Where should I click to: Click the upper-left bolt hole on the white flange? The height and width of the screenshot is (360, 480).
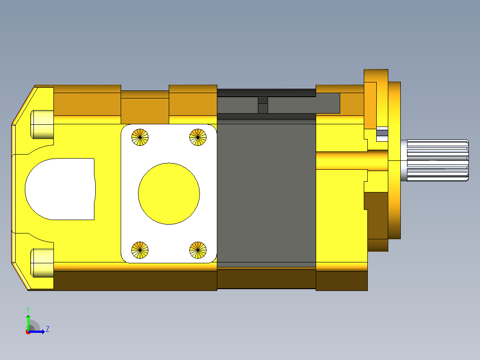140,137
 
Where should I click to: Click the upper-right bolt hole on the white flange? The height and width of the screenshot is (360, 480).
198,137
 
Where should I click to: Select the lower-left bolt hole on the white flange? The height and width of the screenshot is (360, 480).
140,250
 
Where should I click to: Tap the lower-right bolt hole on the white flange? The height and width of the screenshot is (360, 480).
198,250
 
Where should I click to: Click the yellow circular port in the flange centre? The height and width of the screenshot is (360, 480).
169,194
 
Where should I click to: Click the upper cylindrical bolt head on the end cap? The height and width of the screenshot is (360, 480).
42,124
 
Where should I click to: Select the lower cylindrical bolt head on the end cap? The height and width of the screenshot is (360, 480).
42,263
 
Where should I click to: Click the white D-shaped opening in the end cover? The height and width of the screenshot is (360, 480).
60,189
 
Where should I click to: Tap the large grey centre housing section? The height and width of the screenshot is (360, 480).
266,193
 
